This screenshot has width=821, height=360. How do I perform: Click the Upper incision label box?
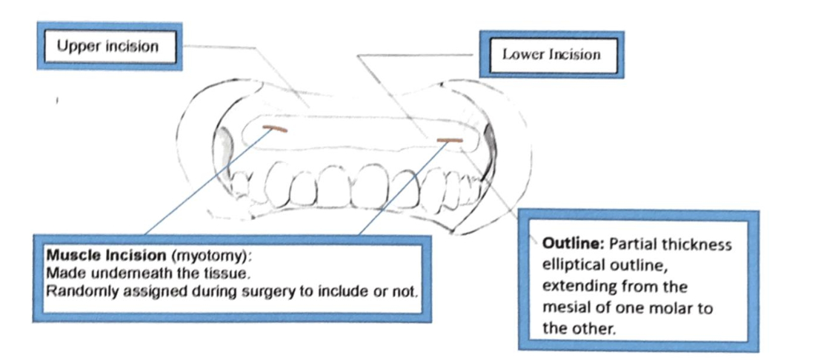tap(108, 46)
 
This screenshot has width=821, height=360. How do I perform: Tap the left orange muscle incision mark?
tap(276, 128)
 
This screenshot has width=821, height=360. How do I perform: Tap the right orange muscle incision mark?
tap(450, 140)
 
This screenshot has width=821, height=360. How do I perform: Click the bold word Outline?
tap(568, 244)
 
